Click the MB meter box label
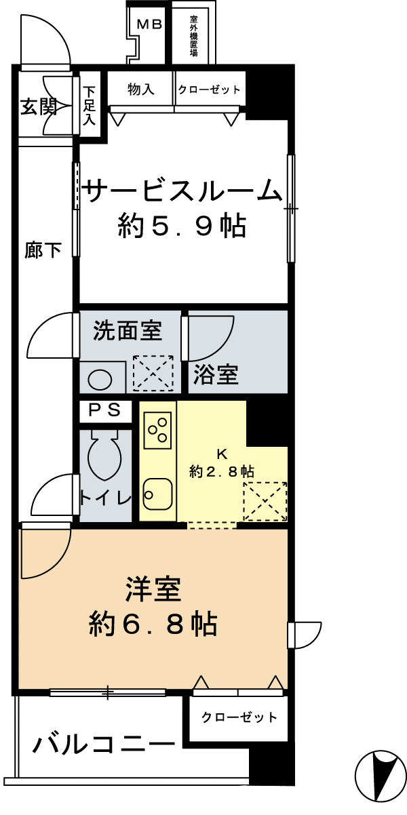149,24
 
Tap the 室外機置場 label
194,35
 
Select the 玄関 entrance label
38,106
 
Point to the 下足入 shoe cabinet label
88,106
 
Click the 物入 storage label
140,89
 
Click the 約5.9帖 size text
182,226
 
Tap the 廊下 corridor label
43,250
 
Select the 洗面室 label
128,330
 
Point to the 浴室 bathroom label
216,374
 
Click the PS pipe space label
105,410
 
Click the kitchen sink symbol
157,494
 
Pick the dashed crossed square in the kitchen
265,501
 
